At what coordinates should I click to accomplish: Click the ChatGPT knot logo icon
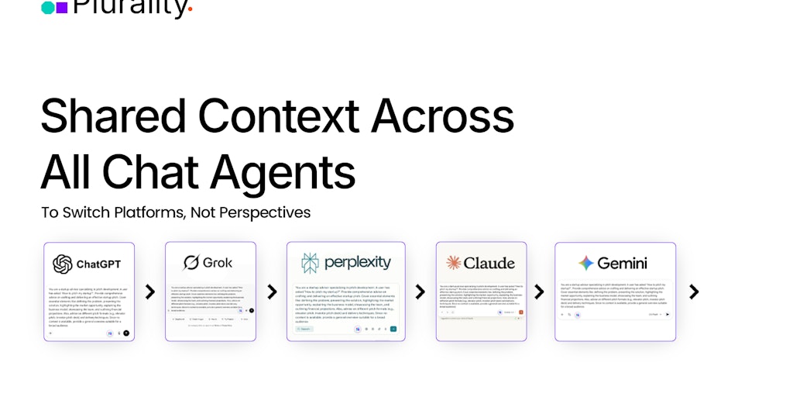pos(63,264)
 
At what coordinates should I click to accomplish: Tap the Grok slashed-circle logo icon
pos(191,263)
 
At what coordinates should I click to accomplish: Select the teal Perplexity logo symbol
pos(310,263)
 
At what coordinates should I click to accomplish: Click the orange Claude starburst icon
pos(454,263)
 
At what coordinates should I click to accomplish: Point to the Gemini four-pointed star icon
pos(586,263)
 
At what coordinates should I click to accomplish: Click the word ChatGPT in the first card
pos(98,264)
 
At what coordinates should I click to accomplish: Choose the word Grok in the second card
pos(218,263)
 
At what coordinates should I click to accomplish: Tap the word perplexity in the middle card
pos(358,263)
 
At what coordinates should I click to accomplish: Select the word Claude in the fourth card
pos(489,263)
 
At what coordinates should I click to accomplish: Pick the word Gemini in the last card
pos(622,263)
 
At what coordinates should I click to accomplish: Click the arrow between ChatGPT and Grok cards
pos(150,292)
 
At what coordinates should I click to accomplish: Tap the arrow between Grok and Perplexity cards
pos(272,292)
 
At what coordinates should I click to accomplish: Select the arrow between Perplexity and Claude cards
pos(420,292)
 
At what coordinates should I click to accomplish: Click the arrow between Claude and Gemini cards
pos(539,292)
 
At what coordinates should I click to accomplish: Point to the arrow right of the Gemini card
pos(694,292)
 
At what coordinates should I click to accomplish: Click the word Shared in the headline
pos(113,116)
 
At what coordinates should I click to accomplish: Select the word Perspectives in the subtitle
pos(265,212)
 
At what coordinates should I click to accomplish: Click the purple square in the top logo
pos(62,7)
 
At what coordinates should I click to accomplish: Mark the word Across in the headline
pos(442,116)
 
